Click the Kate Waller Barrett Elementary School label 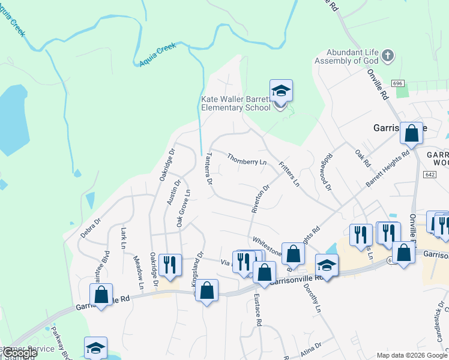click(235, 104)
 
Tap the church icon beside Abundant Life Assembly click(388, 56)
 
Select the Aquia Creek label click(157, 56)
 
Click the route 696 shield click(398, 83)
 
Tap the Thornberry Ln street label click(247, 159)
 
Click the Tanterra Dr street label click(209, 167)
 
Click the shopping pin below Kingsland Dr click(207, 291)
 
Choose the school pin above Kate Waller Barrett click(281, 91)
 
